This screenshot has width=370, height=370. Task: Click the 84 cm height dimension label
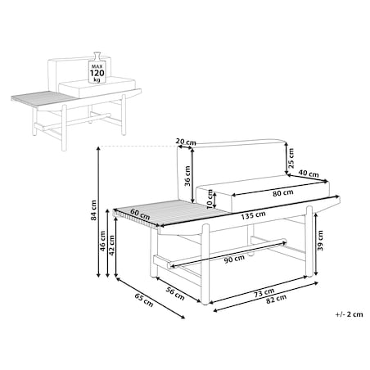tap(93, 210)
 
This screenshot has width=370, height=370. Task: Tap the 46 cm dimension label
tap(102, 241)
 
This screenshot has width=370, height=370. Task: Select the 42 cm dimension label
tap(111, 245)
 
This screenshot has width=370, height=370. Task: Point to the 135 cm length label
tap(253, 215)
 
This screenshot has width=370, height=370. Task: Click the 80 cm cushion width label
tap(283, 193)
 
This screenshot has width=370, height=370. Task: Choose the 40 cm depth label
tap(309, 174)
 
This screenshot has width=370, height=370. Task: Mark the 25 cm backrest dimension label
tap(291, 158)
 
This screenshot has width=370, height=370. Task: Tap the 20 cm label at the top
tap(186, 142)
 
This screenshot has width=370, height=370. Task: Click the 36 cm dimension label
tap(187, 176)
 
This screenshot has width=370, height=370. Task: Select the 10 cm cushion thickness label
tap(210, 199)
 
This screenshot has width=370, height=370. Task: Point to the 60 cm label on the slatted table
tap(140, 214)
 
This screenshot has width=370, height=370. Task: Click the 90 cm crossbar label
tap(234, 259)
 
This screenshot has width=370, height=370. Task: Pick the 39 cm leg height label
tap(320, 241)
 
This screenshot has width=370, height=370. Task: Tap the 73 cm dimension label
tap(264, 293)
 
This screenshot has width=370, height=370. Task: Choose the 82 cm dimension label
tap(276, 299)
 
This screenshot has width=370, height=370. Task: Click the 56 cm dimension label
tap(175, 294)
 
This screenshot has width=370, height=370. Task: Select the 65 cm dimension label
tap(144, 300)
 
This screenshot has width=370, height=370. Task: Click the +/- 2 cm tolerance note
tap(349, 314)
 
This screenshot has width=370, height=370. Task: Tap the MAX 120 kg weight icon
tap(97, 67)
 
